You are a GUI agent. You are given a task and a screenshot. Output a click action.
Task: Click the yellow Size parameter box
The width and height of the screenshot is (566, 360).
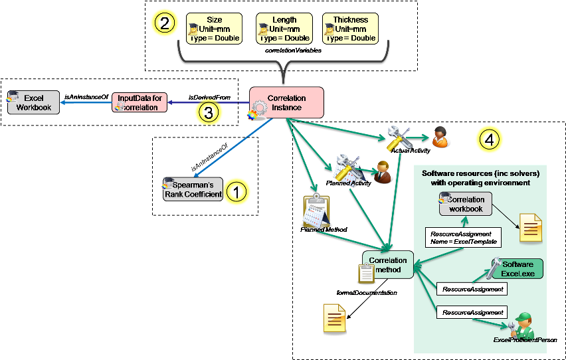click(x=214, y=29)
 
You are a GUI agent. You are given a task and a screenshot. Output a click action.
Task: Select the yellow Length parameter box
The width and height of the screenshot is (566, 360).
click(x=284, y=29)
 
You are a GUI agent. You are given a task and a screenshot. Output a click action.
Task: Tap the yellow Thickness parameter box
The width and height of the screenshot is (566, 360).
click(x=350, y=29)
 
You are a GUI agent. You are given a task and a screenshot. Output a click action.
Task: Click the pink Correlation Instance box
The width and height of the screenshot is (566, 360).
click(x=287, y=103)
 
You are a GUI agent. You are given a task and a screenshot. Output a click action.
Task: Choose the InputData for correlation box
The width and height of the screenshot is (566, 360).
click(x=140, y=103)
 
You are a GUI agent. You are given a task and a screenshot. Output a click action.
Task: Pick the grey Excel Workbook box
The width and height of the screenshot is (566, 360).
click(x=34, y=103)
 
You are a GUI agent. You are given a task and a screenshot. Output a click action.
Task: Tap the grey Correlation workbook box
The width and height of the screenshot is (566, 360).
click(x=465, y=204)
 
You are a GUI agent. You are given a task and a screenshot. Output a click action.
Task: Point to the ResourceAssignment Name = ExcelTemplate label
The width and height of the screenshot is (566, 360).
click(x=462, y=237)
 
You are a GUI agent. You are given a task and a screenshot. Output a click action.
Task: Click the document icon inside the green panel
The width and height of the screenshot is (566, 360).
click(x=530, y=227)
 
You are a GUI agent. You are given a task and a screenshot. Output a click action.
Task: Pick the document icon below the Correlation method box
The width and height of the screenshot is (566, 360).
click(x=335, y=319)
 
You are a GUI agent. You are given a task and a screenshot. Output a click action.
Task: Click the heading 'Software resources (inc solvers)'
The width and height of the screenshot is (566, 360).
click(x=480, y=173)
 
